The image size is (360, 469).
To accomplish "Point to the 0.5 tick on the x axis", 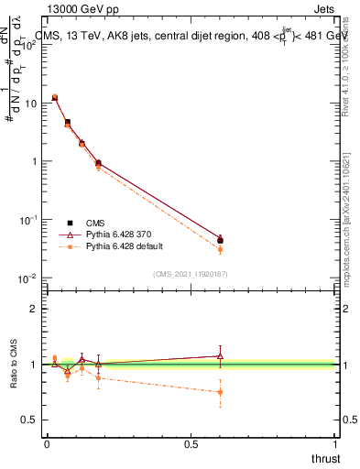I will (x=191, y=444).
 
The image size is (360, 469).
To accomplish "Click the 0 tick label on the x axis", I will (x=47, y=444).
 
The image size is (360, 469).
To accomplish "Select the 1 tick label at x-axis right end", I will (x=334, y=444).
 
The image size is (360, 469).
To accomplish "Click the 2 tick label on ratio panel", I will (x=34, y=309).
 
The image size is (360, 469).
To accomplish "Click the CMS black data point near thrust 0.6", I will (x=220, y=240).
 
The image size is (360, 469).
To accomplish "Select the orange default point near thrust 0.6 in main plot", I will (x=220, y=249).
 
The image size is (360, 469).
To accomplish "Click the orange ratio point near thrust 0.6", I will (x=220, y=392).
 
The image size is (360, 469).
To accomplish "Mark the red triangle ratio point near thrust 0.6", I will (x=220, y=355).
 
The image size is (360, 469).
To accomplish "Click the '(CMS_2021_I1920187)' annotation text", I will (x=191, y=273).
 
